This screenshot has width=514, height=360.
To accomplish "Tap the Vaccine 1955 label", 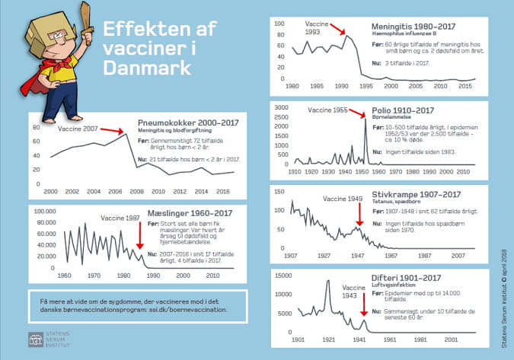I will pos(327,111).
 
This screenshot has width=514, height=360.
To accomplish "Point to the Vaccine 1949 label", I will pos(342,199).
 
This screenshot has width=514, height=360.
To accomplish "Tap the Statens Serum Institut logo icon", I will pos(35,337).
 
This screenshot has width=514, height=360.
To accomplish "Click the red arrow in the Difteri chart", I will pos(364,304).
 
